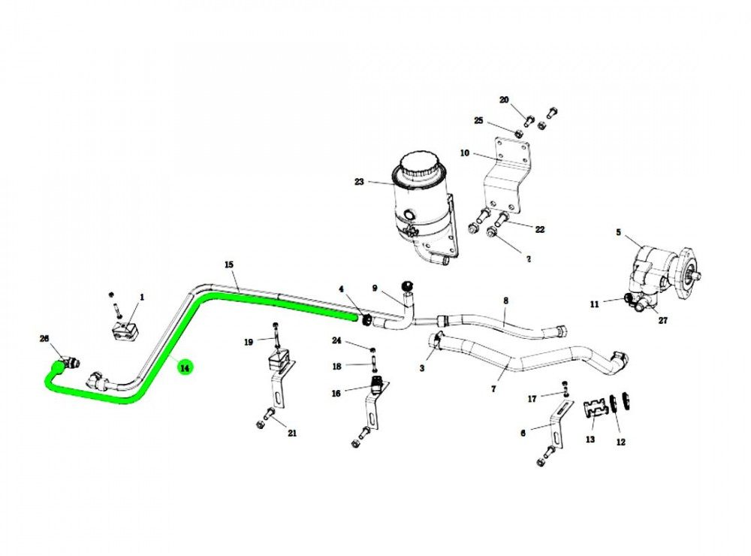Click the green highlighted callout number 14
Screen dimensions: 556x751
184,367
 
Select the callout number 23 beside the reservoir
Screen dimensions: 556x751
359,181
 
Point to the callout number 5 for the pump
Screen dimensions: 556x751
618,232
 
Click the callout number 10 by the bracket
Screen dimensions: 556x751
465,153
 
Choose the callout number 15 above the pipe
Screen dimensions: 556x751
229,264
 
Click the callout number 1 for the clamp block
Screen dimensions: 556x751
142,298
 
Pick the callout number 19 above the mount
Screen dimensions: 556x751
249,342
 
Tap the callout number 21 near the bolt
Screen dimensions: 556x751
292,434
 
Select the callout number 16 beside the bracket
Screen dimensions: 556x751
336,393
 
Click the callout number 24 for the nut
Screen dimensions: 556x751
337,340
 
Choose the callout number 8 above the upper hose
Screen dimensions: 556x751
505,300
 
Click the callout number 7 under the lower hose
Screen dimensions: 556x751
493,390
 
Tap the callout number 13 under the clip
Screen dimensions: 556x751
590,440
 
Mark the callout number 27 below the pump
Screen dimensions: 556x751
662,321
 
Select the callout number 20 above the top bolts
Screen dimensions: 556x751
504,100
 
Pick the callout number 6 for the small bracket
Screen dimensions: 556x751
523,433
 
